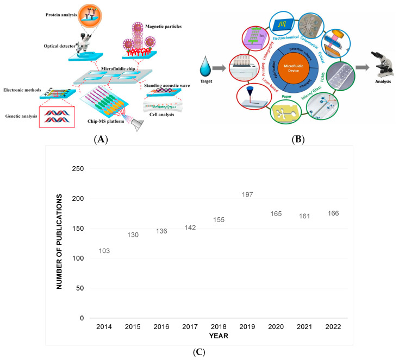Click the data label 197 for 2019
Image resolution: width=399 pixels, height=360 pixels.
tap(247, 194)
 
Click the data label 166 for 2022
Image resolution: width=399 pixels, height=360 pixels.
tap(332, 213)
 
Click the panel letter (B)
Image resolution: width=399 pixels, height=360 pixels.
tap(297, 139)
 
